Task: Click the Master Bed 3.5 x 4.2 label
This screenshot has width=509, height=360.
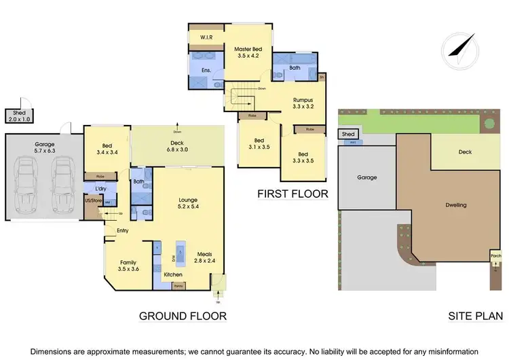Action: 248,52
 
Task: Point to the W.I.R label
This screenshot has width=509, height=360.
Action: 206,37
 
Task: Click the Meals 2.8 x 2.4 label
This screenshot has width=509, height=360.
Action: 205,258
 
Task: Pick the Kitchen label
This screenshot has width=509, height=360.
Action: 173,274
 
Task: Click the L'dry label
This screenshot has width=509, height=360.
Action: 93,187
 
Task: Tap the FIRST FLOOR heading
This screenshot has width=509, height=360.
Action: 293,194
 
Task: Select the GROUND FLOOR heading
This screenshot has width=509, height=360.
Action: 183,316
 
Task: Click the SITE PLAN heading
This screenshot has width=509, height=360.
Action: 475,316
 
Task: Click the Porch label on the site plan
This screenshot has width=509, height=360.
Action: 496,256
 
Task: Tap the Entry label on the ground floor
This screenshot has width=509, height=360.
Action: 113,230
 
